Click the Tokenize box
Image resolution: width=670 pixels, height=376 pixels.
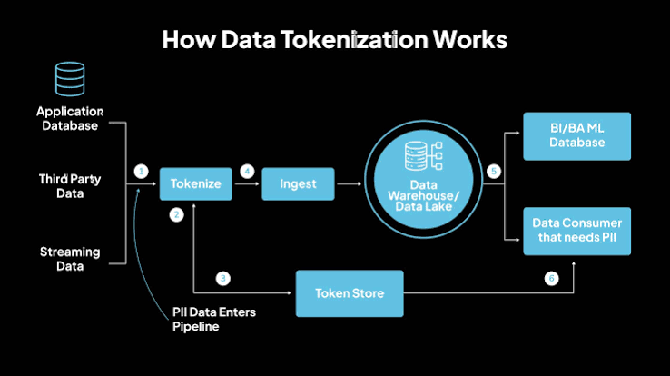point(196,183)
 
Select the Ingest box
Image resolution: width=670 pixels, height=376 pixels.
point(299,183)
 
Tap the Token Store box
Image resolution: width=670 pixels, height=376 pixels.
point(350,293)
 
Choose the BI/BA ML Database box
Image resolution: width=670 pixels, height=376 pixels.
point(576,136)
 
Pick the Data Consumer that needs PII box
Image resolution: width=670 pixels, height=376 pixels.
point(576,232)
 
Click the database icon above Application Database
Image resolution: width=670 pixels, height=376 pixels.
point(70,79)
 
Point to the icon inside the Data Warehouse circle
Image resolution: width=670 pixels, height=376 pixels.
point(423,156)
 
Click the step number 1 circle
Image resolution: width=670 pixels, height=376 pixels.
point(141,172)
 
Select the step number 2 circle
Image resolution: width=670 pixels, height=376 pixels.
point(176,214)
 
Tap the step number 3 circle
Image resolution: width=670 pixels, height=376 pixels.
point(222,279)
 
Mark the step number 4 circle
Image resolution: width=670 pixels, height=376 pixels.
point(247,172)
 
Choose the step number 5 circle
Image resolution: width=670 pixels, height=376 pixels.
point(494,172)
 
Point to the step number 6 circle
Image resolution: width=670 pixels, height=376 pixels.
point(551,279)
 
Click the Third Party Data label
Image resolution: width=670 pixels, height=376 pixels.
point(70,186)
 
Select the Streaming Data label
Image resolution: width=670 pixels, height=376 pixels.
point(70,259)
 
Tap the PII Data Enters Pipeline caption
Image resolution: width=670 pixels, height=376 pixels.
point(214,319)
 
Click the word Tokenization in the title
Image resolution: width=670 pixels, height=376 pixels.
point(354,39)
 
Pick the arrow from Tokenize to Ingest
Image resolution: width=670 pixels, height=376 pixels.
point(247,183)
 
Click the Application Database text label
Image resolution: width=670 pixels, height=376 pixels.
point(70,118)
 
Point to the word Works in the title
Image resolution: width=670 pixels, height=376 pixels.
point(470,39)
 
